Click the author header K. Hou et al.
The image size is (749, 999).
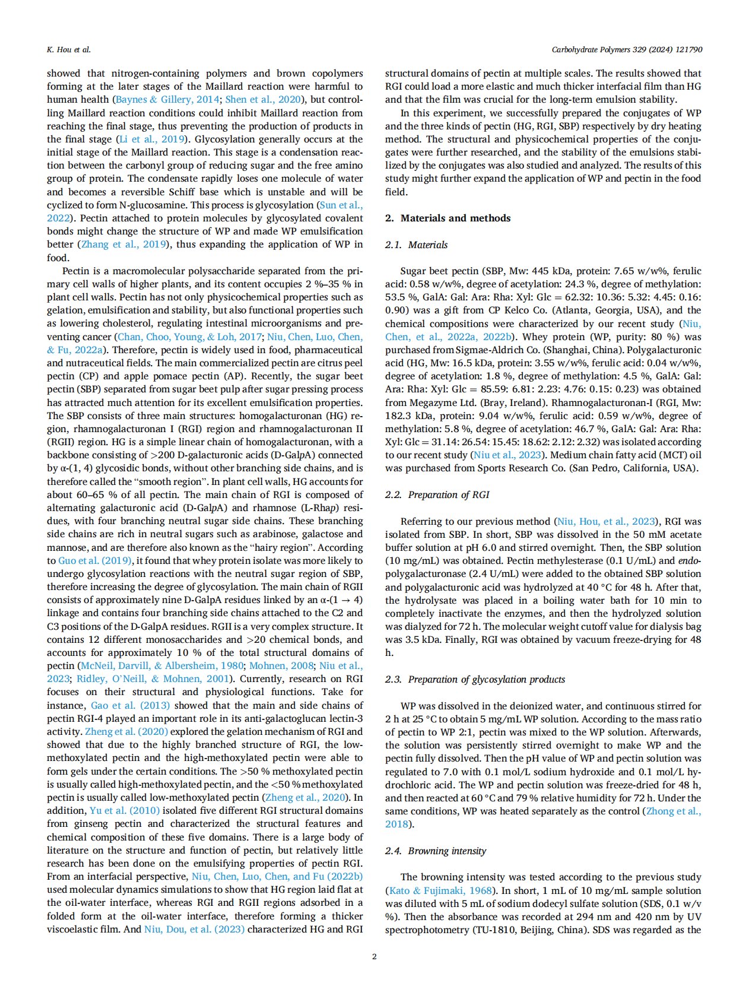point(69,49)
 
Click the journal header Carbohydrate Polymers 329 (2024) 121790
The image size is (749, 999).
point(627,49)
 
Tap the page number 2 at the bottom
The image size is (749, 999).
point(374,956)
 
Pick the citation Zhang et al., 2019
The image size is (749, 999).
point(124,244)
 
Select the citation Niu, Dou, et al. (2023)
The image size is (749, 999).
point(194,929)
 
